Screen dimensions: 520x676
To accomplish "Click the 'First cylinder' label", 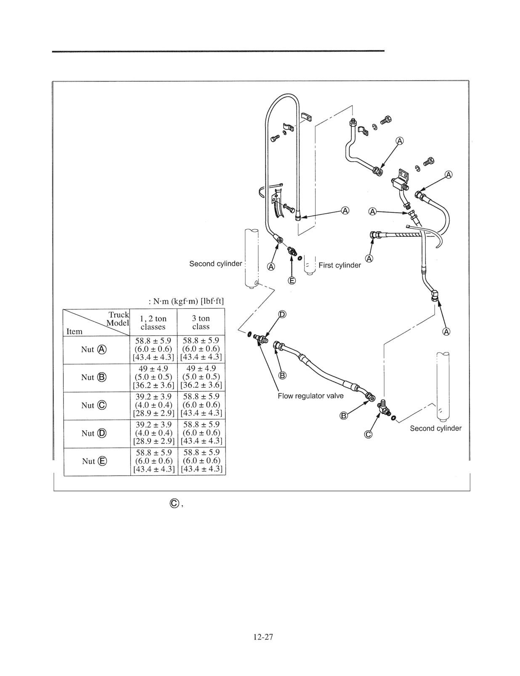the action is [x=340, y=265].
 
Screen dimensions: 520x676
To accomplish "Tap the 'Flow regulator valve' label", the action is [x=310, y=396].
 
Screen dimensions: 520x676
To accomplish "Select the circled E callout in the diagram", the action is [x=292, y=281].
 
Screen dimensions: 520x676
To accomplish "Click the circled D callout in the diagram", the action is [x=282, y=315].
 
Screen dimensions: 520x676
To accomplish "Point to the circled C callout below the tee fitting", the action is [x=368, y=434].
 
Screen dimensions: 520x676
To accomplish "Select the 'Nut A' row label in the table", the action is [x=94, y=350].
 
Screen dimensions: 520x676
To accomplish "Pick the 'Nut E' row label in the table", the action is [x=95, y=461].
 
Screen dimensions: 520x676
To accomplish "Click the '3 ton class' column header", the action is [x=201, y=323].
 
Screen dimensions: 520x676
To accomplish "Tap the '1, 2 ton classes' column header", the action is [x=153, y=323].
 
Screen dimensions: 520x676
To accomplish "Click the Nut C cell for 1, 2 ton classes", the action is [x=153, y=405].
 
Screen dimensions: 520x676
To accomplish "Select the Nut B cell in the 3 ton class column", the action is [x=201, y=377].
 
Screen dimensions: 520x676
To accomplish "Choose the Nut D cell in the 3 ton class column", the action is [x=201, y=433].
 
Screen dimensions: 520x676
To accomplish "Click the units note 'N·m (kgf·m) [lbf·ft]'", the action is [x=186, y=302].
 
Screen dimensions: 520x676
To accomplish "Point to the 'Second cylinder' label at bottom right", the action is [x=436, y=428].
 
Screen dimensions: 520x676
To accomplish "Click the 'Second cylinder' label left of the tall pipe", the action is [x=215, y=264].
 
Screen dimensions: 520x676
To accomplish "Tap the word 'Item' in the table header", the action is [x=74, y=331].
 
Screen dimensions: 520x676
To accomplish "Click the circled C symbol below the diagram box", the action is [x=175, y=504].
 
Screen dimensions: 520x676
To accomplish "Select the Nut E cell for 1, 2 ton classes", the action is [x=154, y=461].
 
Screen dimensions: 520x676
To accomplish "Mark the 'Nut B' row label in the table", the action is [x=94, y=377].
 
